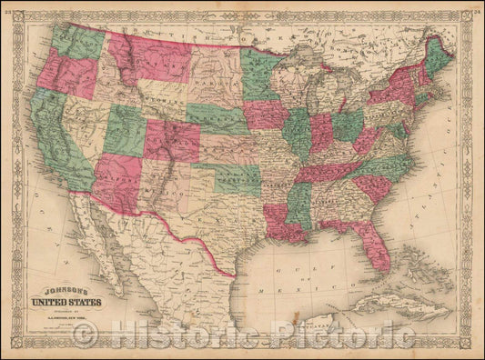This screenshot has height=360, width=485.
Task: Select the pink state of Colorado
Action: pyautogui.click(x=172, y=141)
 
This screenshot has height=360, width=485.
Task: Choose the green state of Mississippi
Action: pyautogui.click(x=298, y=205)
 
